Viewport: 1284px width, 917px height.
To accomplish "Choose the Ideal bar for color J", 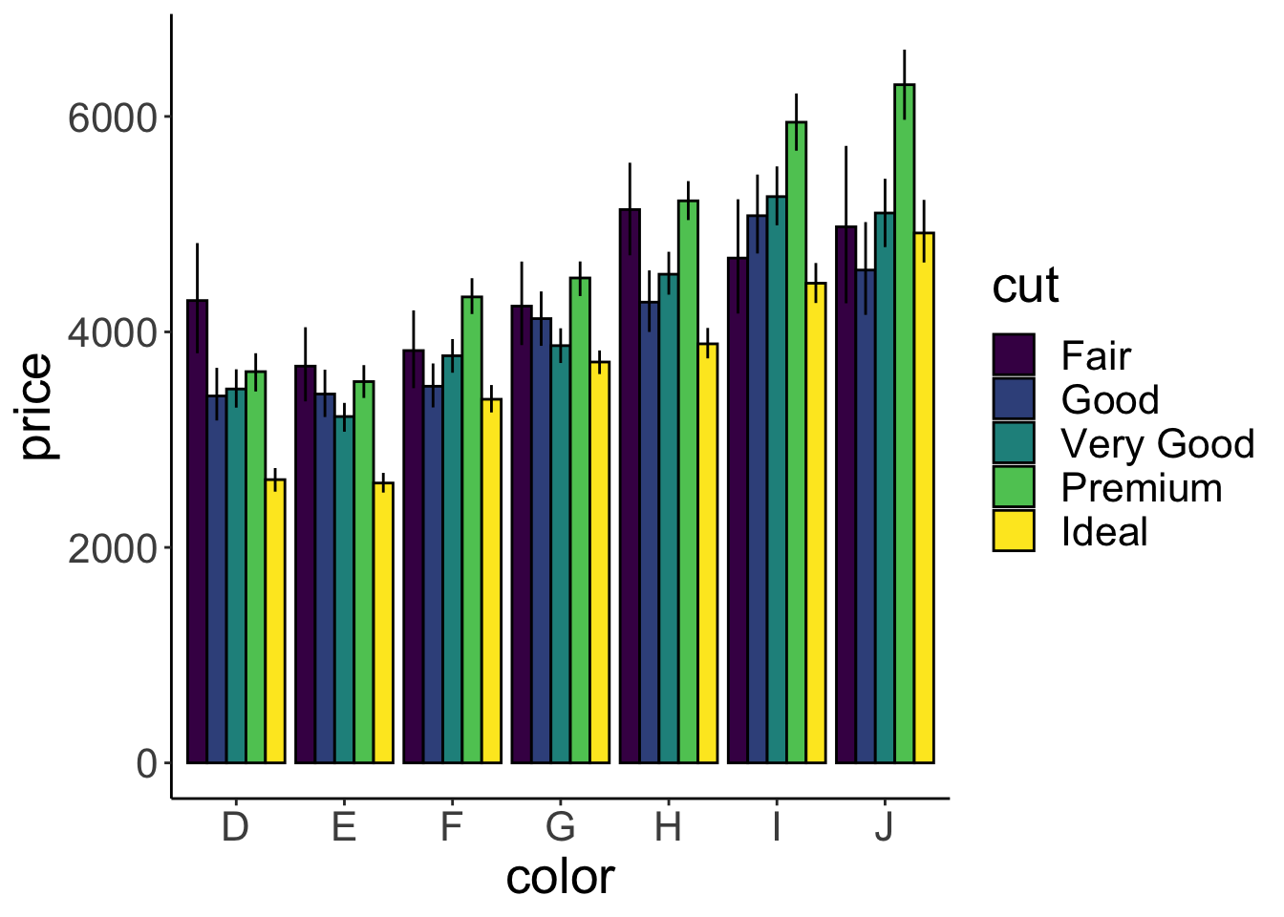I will pyautogui.click(x=924, y=498).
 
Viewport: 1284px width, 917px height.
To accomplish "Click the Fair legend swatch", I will pyautogui.click(x=1014, y=354).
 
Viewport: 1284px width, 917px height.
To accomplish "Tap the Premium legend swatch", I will pyautogui.click(x=1014, y=486).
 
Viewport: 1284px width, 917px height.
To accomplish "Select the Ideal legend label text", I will pyautogui.click(x=1104, y=532).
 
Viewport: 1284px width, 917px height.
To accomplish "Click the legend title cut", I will pyautogui.click(x=1025, y=286).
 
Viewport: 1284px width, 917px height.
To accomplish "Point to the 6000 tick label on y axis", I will pyautogui.click(x=112, y=117).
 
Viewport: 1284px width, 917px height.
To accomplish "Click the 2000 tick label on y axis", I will pyautogui.click(x=112, y=548).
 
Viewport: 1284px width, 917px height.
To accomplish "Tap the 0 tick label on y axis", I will pyautogui.click(x=146, y=764).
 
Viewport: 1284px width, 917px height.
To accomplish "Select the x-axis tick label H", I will pyautogui.click(x=668, y=827).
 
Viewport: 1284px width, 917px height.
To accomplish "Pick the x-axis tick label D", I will pyautogui.click(x=235, y=827).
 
